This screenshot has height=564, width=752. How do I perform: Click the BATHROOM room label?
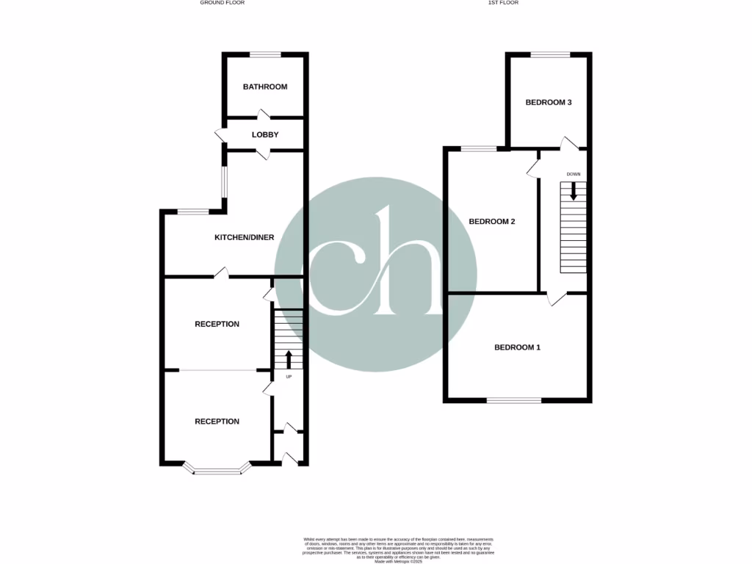(x=265, y=87)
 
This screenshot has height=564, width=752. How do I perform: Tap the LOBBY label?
(x=265, y=134)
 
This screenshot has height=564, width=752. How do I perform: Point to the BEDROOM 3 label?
(x=549, y=103)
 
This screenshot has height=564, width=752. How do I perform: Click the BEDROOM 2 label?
(x=491, y=221)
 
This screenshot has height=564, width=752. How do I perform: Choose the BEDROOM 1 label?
(x=517, y=347)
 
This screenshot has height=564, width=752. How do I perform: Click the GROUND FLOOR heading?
(x=222, y=3)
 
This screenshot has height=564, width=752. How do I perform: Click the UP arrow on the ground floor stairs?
(x=288, y=359)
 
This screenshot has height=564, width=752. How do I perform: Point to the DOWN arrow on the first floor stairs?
(x=574, y=192)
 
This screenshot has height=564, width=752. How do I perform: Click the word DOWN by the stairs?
(x=574, y=174)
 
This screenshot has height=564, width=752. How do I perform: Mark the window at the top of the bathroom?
(x=265, y=54)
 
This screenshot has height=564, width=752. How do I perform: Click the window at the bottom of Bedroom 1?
(x=514, y=401)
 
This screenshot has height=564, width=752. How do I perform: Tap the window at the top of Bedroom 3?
(x=550, y=54)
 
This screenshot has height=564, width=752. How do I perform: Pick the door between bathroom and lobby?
(x=262, y=115)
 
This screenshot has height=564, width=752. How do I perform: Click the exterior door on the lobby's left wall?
(x=220, y=134)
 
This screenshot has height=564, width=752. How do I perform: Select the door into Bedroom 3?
(x=568, y=142)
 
